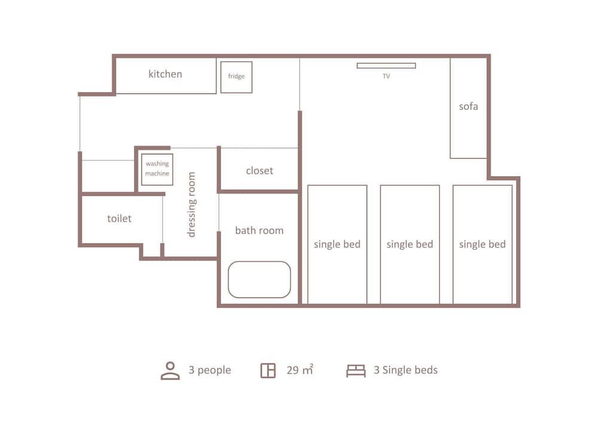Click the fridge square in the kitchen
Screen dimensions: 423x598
click(236, 77)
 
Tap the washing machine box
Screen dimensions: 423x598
click(157, 169)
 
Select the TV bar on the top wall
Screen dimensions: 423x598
click(386, 66)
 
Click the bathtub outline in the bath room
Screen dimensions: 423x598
click(259, 279)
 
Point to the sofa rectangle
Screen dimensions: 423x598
click(468, 108)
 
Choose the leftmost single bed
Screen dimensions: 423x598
click(337, 244)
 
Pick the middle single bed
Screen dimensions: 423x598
click(410, 244)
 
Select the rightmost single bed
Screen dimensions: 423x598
click(482, 244)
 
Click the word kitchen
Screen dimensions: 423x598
click(165, 74)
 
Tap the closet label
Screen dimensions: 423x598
click(259, 171)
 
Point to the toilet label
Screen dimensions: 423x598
click(119, 218)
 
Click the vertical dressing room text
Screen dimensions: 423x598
click(191, 205)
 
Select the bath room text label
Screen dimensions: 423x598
click(259, 230)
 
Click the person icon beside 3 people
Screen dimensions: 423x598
click(170, 370)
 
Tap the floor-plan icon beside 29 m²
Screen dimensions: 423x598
click(268, 370)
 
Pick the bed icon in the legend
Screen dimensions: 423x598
click(356, 371)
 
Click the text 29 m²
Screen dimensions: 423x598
click(300, 370)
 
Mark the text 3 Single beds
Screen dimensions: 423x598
click(405, 370)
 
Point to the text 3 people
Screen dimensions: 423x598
click(209, 370)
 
